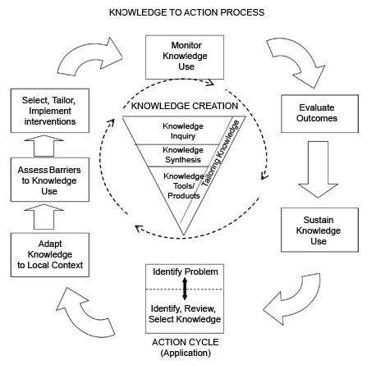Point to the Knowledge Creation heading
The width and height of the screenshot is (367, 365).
coord(173,107)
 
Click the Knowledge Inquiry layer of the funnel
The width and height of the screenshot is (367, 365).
coord(182,130)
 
